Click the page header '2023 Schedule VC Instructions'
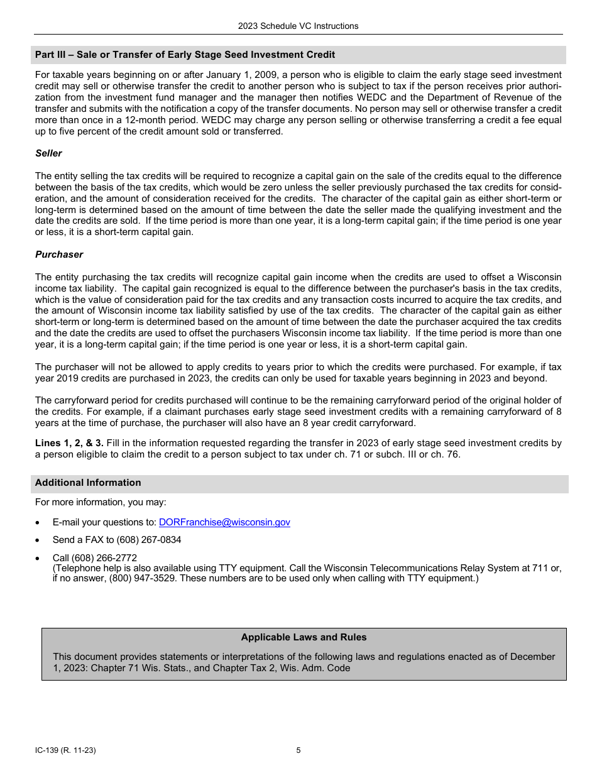point(298,26)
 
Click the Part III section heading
point(185,55)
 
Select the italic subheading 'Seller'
point(48,153)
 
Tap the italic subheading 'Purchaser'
point(58,255)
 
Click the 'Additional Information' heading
point(88,483)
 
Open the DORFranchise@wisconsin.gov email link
point(224,522)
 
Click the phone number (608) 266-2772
point(104,557)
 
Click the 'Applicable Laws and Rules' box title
point(304,637)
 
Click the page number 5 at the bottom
point(298,750)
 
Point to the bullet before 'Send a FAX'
point(39,540)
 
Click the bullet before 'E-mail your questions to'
point(39,523)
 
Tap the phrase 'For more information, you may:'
point(101,502)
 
